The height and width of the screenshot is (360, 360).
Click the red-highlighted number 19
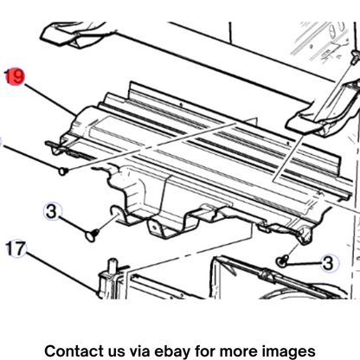(15, 77)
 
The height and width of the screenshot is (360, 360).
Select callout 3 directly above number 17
(52, 212)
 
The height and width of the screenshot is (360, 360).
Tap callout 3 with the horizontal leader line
(329, 263)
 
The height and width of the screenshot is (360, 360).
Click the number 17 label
(16, 248)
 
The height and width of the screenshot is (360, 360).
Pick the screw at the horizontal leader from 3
(281, 260)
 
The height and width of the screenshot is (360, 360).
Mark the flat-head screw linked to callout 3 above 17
(93, 235)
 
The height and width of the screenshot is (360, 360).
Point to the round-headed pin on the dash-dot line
(63, 171)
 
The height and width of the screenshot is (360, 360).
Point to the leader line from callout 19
(50, 99)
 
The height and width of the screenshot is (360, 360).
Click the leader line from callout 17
(61, 272)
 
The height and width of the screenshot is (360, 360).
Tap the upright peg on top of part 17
(112, 266)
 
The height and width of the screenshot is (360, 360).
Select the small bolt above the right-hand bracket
(355, 56)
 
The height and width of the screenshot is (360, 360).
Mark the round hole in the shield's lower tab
(156, 228)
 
